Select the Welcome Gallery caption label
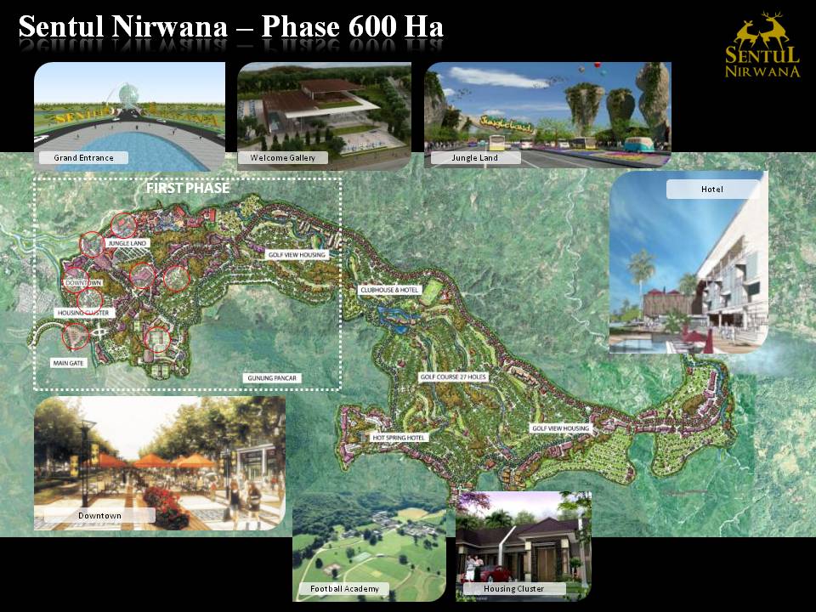[x=283, y=158]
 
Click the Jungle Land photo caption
[x=475, y=158]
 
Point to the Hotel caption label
[x=711, y=190]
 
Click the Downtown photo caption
[x=99, y=516]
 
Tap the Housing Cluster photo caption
[x=513, y=589]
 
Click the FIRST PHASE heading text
[x=188, y=188]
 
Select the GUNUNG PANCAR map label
[x=273, y=377]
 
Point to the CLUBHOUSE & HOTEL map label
[x=389, y=290]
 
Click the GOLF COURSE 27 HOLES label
[x=453, y=376]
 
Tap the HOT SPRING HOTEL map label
[x=399, y=437]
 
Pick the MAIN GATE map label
[x=68, y=362]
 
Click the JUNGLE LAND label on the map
[x=127, y=244]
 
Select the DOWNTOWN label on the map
[x=82, y=282]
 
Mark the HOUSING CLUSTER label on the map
[x=82, y=313]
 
